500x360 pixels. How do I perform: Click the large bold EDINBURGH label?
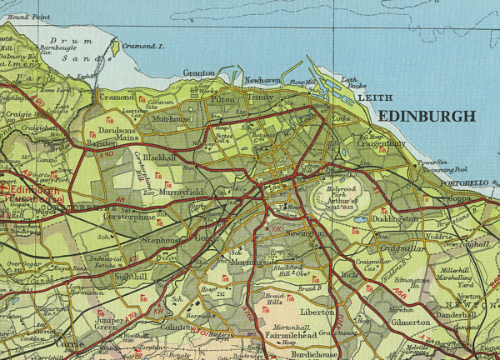point(427,117)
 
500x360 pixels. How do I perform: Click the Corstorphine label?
point(129,216)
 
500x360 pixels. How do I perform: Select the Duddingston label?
point(398,218)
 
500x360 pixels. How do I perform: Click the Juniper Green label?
point(112,323)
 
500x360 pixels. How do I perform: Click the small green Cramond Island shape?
point(115,49)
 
